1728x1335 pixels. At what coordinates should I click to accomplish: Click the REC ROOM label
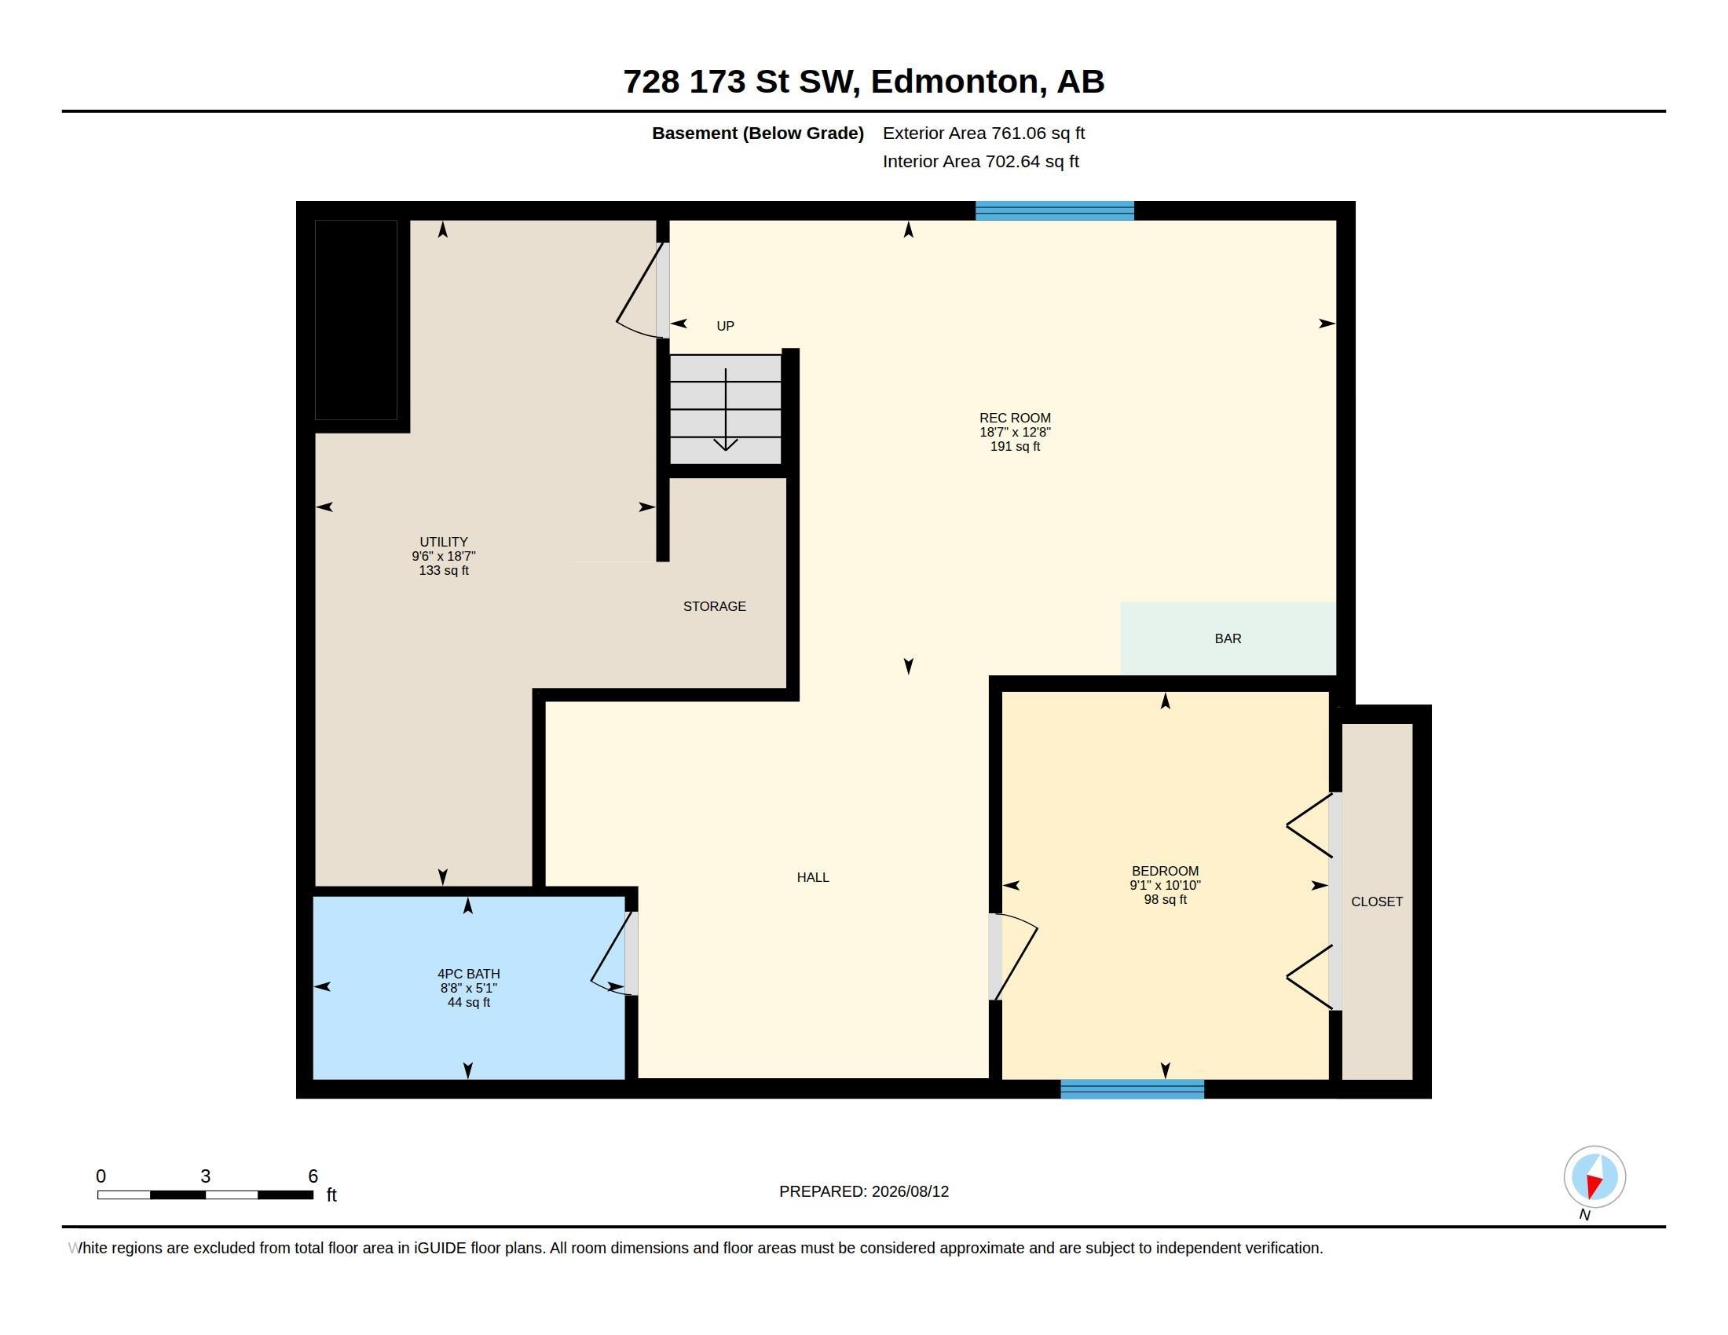click(1015, 432)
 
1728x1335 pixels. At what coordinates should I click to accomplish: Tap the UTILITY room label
click(443, 556)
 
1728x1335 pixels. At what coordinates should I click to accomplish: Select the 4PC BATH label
click(468, 988)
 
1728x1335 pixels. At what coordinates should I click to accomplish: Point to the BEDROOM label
click(1165, 885)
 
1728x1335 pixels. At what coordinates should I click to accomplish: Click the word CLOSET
click(1377, 902)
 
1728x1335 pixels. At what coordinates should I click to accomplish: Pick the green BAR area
click(1228, 638)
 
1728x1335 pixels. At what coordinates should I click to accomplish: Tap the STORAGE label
click(715, 606)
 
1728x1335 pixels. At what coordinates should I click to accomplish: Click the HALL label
click(813, 877)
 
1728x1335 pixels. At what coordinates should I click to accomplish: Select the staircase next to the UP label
click(726, 409)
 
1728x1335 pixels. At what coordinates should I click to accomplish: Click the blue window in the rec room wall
click(1055, 210)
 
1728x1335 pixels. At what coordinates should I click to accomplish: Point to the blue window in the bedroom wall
click(1132, 1089)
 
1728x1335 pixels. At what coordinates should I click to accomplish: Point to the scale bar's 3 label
click(206, 1176)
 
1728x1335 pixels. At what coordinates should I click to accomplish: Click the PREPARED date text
click(864, 1191)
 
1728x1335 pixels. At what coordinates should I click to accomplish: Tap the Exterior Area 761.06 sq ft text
click(983, 133)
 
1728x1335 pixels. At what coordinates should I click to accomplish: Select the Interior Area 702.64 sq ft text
click(980, 161)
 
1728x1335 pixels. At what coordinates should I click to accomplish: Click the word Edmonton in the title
click(954, 82)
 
